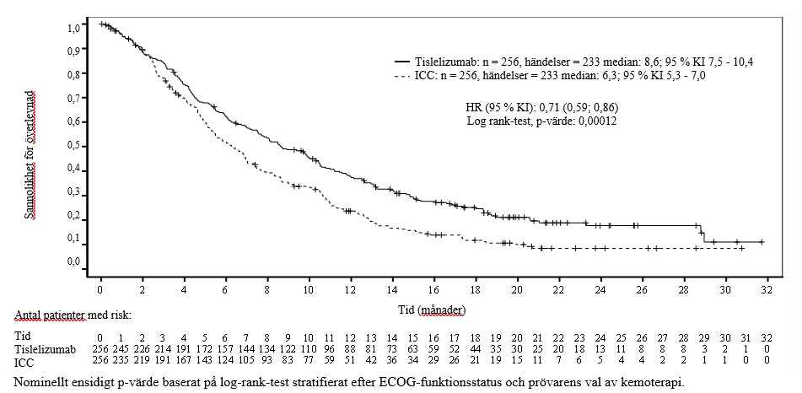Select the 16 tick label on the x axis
[433, 291]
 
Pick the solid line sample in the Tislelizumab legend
[402, 62]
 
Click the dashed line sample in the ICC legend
[402, 76]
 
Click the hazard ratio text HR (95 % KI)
[503, 108]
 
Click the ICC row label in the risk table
[26, 360]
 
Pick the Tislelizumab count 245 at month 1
[121, 347]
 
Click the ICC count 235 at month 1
[121, 360]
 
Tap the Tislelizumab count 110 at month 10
[309, 347]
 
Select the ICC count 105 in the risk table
[246, 360]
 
